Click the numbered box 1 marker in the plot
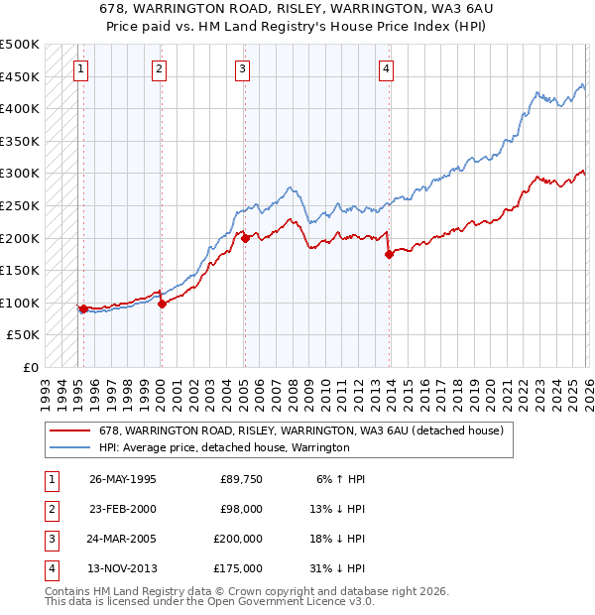[x=79, y=68]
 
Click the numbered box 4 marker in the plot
[x=386, y=68]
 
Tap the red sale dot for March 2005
[x=244, y=238]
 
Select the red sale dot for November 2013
[x=389, y=254]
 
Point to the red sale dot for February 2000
[x=162, y=304]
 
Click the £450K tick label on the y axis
[x=20, y=76]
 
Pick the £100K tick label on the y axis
[x=20, y=303]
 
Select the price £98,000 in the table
[x=241, y=509]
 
